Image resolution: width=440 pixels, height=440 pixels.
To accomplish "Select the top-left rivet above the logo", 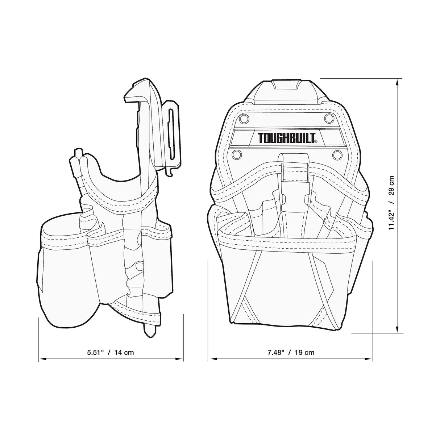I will pos(243,119).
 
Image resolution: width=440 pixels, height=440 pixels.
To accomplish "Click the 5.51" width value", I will pos(95,352).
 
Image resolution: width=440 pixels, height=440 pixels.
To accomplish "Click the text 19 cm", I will pos(304,352).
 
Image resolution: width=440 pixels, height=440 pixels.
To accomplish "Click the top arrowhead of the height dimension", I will pos(398,82).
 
